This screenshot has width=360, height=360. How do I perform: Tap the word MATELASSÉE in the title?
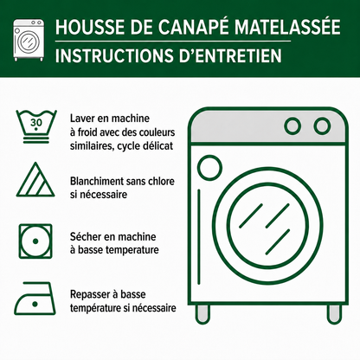287,27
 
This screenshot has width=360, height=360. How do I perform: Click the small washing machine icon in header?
29,40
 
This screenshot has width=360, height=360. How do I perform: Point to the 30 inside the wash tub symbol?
36,122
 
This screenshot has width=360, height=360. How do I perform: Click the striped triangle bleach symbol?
35,180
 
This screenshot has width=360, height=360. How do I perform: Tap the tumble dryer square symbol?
35,241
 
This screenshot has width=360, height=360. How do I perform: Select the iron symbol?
35,299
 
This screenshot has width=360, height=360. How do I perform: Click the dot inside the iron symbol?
35,304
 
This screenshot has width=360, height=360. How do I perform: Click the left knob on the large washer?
292,126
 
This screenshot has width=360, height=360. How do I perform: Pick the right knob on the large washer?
322,126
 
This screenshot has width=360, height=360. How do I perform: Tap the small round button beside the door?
209,168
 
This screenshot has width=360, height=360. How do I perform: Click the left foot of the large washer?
202,314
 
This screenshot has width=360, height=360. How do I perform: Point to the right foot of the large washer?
334,314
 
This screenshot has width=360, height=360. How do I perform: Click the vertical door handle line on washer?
199,236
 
